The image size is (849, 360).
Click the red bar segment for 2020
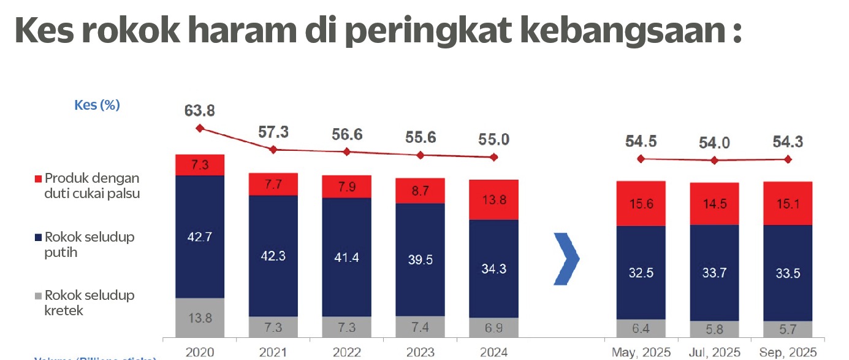(199, 165)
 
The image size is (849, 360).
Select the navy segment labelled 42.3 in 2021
(273, 256)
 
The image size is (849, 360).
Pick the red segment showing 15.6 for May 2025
(641, 204)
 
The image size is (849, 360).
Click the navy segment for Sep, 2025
(788, 273)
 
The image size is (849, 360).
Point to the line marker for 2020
(199, 128)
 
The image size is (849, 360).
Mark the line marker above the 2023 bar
(420, 155)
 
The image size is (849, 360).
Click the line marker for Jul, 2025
(714, 161)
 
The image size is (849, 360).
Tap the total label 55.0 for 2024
(493, 139)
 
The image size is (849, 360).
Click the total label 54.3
(788, 142)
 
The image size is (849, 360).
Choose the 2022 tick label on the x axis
(346, 353)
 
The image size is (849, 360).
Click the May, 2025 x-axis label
(641, 353)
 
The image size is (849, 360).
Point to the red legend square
(39, 179)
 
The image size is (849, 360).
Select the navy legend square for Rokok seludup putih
(39, 237)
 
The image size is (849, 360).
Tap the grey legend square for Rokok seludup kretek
(39, 296)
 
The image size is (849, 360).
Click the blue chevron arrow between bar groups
(566, 259)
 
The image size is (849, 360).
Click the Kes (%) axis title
(97, 105)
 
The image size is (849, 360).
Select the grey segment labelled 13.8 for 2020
(199, 318)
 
